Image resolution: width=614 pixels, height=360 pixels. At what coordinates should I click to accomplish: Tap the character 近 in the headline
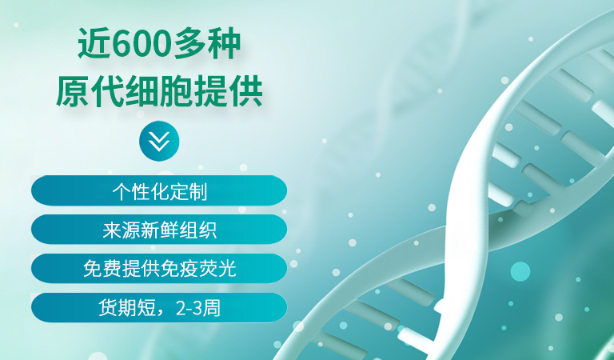coord(94,43)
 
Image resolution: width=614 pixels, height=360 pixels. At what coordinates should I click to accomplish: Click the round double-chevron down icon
coord(159,141)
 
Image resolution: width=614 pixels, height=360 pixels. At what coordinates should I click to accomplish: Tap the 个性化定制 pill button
coord(159,190)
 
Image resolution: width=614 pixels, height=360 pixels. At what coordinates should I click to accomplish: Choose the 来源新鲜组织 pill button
coord(159,230)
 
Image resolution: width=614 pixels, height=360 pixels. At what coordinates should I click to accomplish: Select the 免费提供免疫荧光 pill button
coord(159,269)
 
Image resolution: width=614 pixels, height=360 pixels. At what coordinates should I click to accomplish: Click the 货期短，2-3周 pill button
coord(159,308)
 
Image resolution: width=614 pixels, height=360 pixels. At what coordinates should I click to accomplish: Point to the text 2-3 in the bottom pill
coord(189,308)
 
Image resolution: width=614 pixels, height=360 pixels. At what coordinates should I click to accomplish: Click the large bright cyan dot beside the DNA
coord(520,271)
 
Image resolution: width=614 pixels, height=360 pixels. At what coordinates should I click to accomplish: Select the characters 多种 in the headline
coord(207,43)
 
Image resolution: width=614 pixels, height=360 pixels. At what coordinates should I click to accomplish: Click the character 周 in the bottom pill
coord(211,308)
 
